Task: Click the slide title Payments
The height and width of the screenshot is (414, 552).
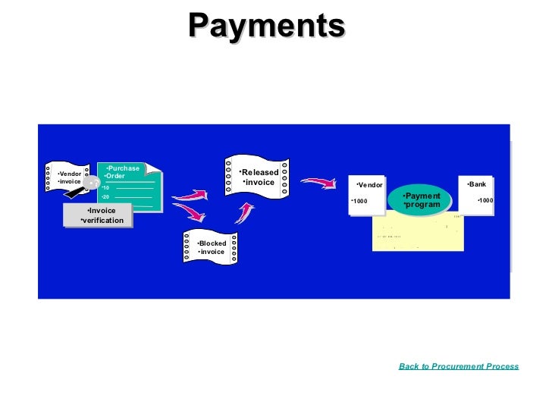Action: coord(267,25)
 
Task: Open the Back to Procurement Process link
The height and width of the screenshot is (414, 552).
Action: coord(459,366)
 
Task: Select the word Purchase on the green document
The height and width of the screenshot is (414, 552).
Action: coord(123,168)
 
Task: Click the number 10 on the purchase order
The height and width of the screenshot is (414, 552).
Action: coord(106,187)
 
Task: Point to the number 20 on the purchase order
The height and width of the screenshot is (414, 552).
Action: coord(106,196)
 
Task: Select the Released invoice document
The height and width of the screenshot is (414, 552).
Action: coord(257,177)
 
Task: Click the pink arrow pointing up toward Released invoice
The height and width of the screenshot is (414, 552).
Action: coord(244,211)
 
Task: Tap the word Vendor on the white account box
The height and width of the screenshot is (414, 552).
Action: coord(371,185)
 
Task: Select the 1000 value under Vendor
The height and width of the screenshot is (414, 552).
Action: coord(359,201)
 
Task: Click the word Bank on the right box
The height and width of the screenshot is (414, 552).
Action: coord(478,184)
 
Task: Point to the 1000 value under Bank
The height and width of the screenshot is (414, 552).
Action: coord(485,200)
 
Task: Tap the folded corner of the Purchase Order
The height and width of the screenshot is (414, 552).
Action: coord(155,168)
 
